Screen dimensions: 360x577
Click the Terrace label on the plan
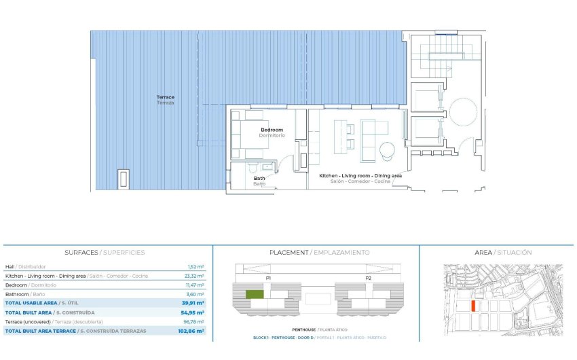point(165,99)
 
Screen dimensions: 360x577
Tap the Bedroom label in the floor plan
point(272,132)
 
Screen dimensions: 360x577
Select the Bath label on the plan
point(259,181)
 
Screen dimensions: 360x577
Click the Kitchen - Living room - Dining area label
point(360,177)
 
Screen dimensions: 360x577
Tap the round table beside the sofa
point(386,149)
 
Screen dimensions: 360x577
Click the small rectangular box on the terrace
point(124,179)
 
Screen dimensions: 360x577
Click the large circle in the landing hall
point(464,111)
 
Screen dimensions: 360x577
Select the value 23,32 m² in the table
point(196,276)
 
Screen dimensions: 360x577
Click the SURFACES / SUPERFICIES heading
point(105,252)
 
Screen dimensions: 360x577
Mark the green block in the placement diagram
point(254,294)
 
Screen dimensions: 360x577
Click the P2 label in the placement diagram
point(368,278)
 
